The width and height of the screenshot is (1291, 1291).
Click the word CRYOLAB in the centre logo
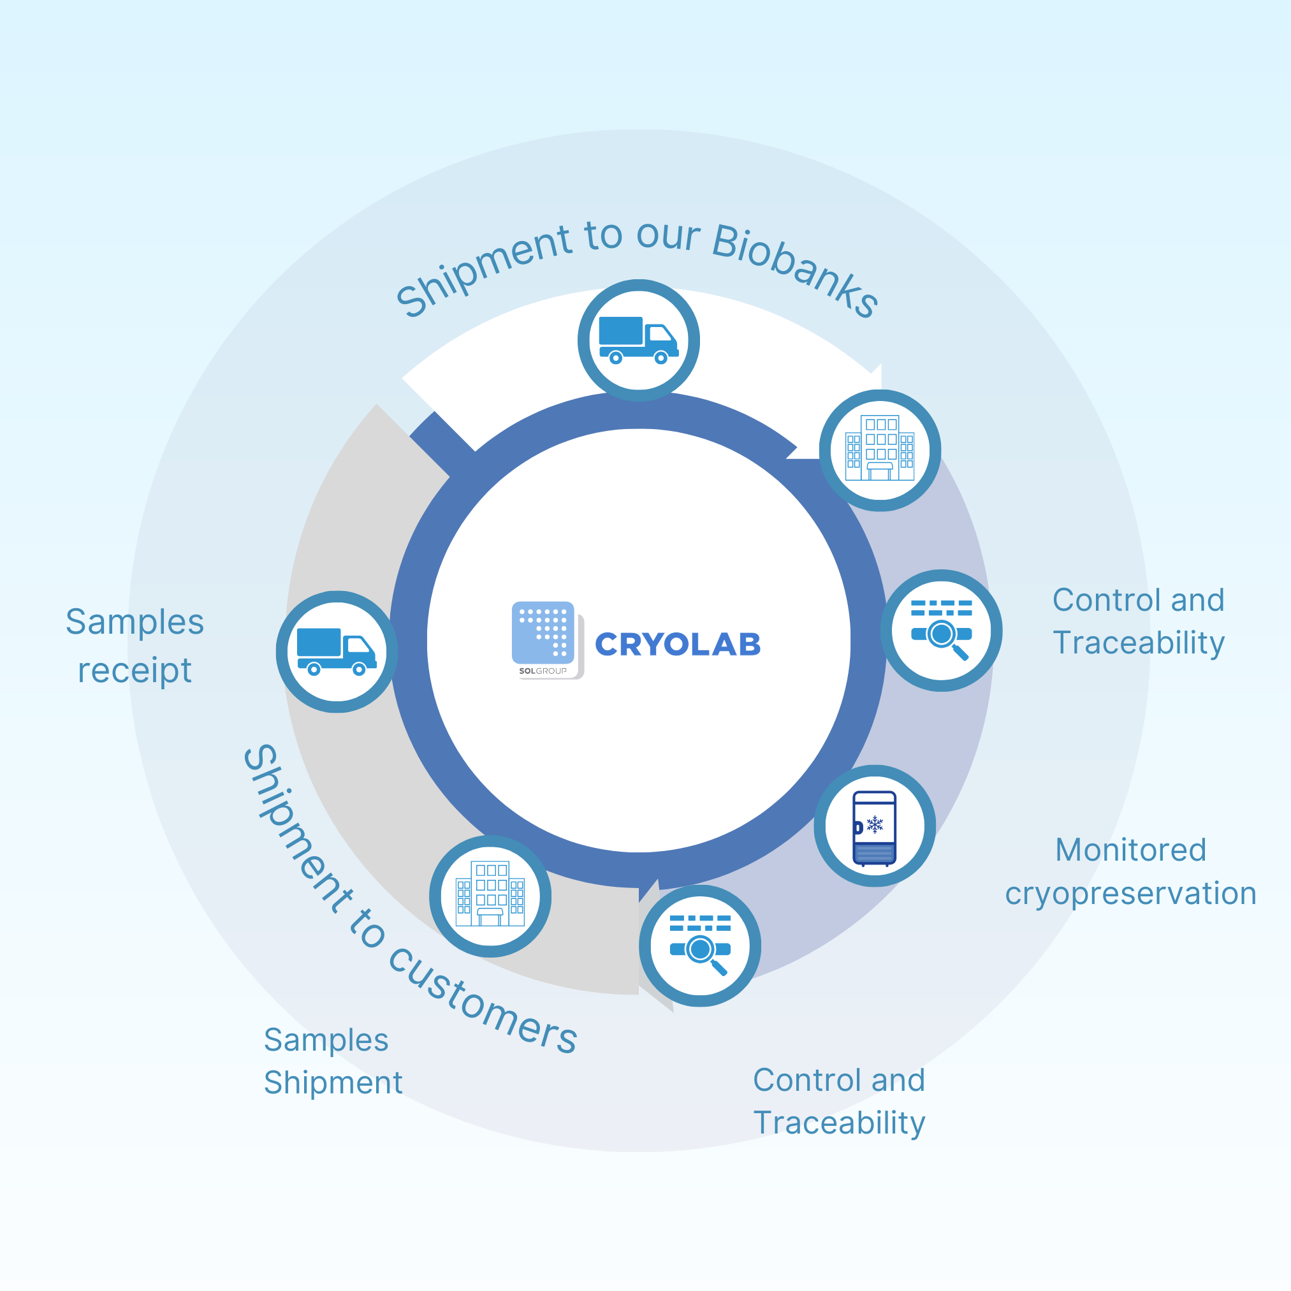coord(677,644)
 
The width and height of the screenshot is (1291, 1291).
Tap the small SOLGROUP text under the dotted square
coord(542,671)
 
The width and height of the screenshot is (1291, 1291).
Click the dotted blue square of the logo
coord(543,631)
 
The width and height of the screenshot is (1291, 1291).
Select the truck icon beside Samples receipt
coord(337,652)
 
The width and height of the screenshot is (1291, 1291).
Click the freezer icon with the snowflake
coord(874,827)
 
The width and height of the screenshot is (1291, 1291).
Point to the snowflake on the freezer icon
coord(875,824)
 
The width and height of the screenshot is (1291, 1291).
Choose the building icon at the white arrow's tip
coord(879,448)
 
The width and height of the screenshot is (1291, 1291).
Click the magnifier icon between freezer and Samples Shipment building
coord(699,945)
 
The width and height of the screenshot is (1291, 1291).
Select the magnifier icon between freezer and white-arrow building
coord(941,629)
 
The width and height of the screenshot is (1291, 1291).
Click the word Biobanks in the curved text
coord(795,270)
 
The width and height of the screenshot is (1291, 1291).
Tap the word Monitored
coord(1130,850)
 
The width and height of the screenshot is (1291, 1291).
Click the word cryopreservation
coord(1130,894)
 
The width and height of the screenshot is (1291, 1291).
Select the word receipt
coord(135,670)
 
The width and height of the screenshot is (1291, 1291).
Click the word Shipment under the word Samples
coord(333,1083)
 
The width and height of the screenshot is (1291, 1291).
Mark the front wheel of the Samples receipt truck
coord(359,669)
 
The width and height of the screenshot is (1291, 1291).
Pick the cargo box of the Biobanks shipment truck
coord(620,331)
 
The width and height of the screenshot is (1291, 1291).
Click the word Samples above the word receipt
coord(135,622)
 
